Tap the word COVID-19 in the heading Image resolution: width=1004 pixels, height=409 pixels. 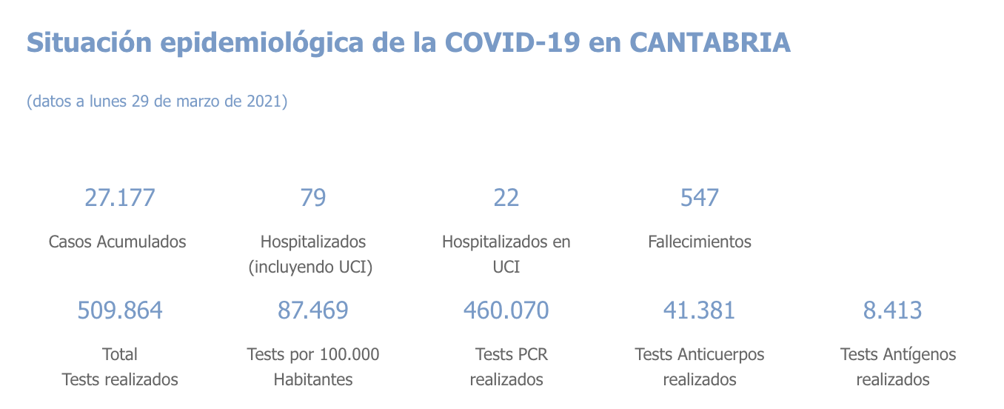(512, 43)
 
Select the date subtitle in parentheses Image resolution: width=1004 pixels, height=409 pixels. (157, 102)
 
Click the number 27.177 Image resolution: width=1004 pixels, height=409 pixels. (120, 198)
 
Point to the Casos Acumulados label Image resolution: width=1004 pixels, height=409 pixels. (117, 242)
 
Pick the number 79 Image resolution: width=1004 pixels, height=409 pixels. (312, 198)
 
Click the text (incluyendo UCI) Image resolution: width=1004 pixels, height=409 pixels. (310, 267)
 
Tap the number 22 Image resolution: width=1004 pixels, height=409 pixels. (506, 198)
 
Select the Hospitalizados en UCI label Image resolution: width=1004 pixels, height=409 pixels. (506, 253)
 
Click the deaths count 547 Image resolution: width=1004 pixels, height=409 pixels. (700, 198)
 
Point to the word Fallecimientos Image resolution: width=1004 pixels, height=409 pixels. (700, 242)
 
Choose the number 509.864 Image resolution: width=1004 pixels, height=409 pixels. (120, 310)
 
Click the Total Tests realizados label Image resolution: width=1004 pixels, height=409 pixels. (120, 367)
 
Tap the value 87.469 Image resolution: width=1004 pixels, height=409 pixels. (312, 310)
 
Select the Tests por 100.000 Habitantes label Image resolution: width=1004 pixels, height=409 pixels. (312, 367)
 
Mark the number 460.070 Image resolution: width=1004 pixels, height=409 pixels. (506, 310)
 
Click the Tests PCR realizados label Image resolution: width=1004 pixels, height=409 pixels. (509, 367)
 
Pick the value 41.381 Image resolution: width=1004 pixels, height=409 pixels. (700, 310)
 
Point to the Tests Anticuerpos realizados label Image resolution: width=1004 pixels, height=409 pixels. (700, 367)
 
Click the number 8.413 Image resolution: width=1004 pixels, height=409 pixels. (893, 310)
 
